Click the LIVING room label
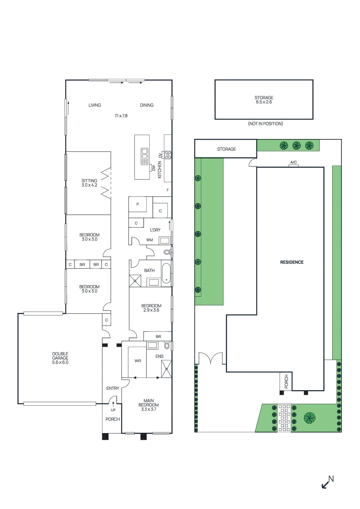pyautogui.click(x=95, y=105)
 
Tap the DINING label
pyautogui.click(x=147, y=105)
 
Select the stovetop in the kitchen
pyautogui.click(x=168, y=155)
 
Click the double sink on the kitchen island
pyautogui.click(x=145, y=156)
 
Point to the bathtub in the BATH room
pyautogui.click(x=166, y=273)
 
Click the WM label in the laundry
pyautogui.click(x=150, y=240)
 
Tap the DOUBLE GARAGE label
pyautogui.click(x=60, y=358)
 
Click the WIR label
pyautogui.click(x=138, y=361)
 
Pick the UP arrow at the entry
pyautogui.click(x=113, y=405)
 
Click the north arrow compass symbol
pyautogui.click(x=327, y=482)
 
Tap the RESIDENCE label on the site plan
pyautogui.click(x=292, y=262)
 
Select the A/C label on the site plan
pyautogui.click(x=293, y=163)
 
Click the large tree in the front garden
pyautogui.click(x=309, y=418)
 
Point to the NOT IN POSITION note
pyautogui.click(x=265, y=124)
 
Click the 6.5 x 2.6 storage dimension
pyautogui.click(x=264, y=102)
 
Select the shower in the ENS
pyautogui.click(x=166, y=369)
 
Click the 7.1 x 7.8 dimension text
pyautogui.click(x=121, y=116)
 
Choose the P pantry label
pyautogui.click(x=138, y=204)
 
